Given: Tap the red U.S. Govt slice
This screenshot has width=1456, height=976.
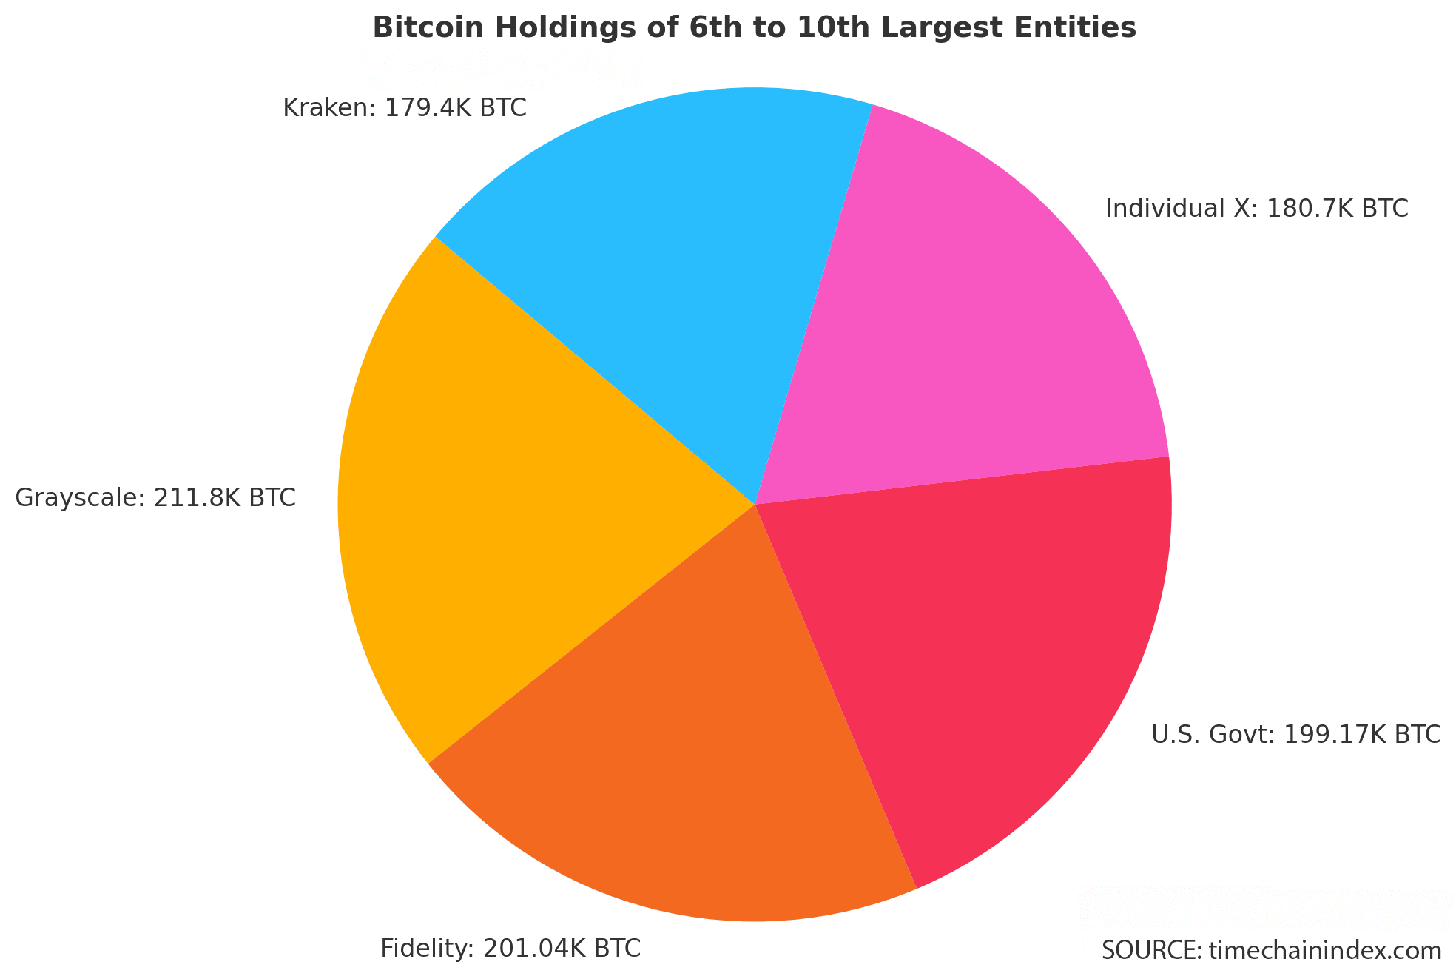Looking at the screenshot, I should pyautogui.click(x=984, y=651).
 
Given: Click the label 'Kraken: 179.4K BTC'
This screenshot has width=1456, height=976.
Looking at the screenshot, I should pyautogui.click(x=405, y=109).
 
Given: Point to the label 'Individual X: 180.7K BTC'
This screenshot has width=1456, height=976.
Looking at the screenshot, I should pyautogui.click(x=1256, y=209).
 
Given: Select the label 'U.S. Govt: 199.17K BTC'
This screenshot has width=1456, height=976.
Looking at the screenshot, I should pyautogui.click(x=1295, y=734).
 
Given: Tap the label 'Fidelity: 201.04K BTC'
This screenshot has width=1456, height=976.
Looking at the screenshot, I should pyautogui.click(x=510, y=948).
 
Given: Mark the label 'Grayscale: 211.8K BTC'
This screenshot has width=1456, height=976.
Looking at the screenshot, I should pyautogui.click(x=155, y=497).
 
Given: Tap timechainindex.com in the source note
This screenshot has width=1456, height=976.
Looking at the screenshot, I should pyautogui.click(x=1325, y=951).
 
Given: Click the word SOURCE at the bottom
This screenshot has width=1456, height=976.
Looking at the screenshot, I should pyautogui.click(x=1150, y=951).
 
